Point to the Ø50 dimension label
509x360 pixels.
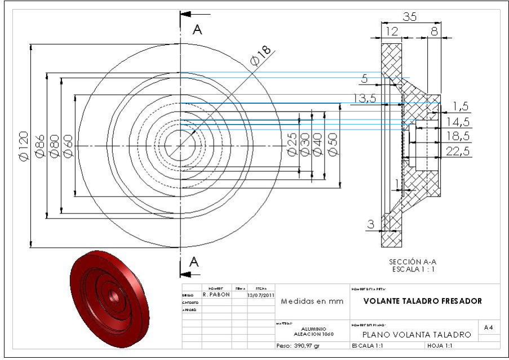click(333, 145)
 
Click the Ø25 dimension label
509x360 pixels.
click(292, 145)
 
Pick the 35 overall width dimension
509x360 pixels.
click(410, 17)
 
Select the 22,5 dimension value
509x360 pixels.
click(458, 150)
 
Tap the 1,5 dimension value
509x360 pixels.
click(461, 106)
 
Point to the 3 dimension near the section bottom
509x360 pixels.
click(370, 224)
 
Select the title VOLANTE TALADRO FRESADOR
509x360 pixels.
click(423, 301)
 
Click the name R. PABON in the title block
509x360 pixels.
click(216, 294)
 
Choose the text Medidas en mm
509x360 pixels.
click(312, 301)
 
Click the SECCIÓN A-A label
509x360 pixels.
click(413, 262)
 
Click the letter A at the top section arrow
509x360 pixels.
click(197, 30)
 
